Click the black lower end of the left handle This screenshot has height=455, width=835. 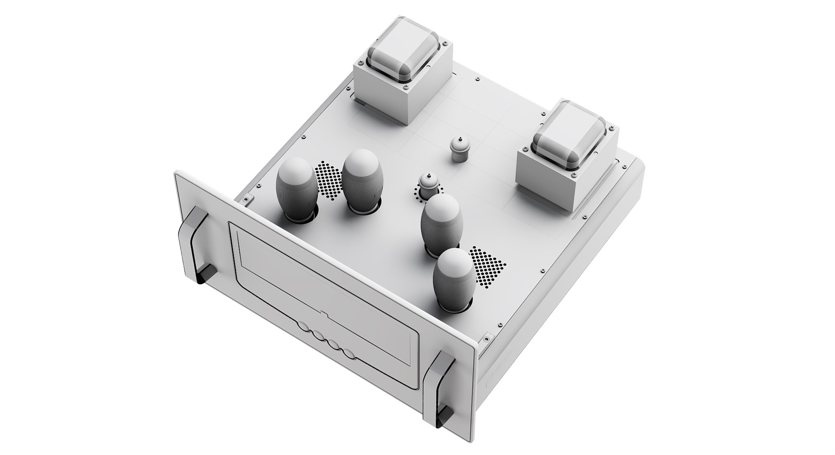pyautogui.click(x=206, y=276)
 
